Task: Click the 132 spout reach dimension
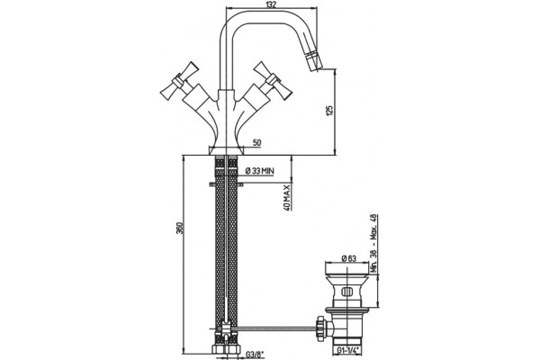click(x=272, y=4)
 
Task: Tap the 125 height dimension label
click(x=329, y=111)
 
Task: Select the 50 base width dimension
click(x=256, y=142)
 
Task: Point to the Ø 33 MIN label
click(x=260, y=170)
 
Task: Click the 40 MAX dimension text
click(x=287, y=197)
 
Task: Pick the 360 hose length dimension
click(x=179, y=229)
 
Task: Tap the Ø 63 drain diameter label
click(x=349, y=258)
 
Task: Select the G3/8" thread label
click(x=255, y=354)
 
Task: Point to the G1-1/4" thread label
click(x=347, y=350)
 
